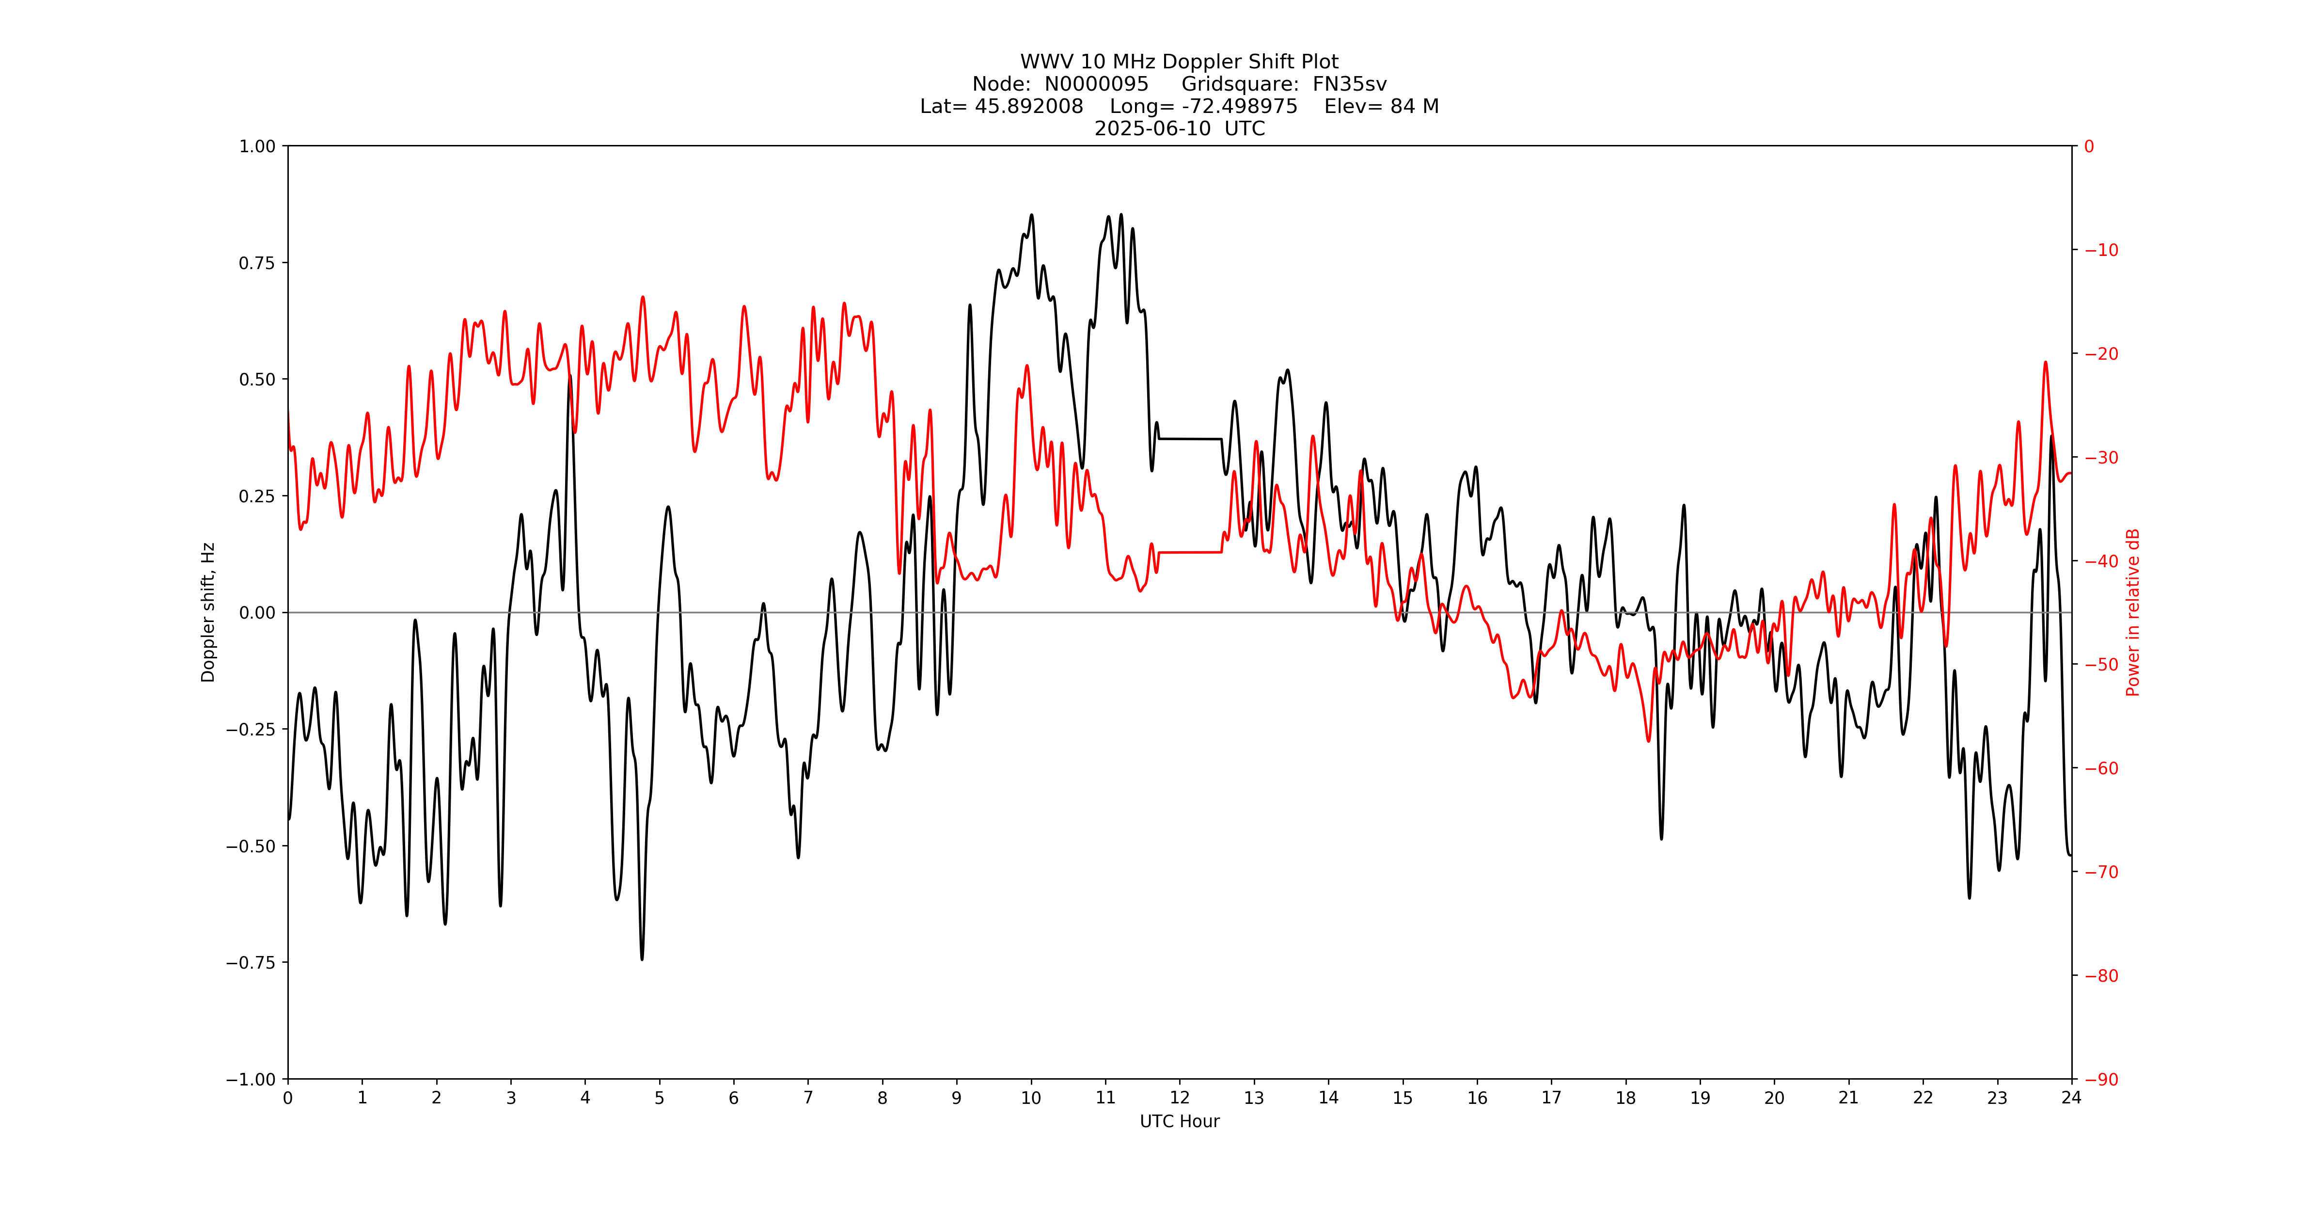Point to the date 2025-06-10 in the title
tap(1153, 128)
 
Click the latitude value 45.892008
tap(1028, 106)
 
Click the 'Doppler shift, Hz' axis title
tap(208, 612)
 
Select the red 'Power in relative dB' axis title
tap(2133, 612)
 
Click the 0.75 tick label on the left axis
tap(256, 263)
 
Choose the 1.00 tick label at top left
tap(256, 146)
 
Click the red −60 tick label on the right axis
tap(2101, 768)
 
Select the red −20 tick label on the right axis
tap(2101, 353)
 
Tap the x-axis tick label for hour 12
tap(1180, 1098)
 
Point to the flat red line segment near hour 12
tap(1188, 552)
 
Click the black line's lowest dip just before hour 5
tap(642, 958)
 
